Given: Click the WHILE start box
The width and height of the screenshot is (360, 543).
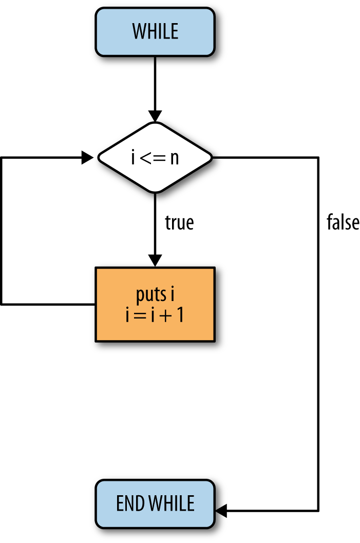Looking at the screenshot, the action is click(155, 32).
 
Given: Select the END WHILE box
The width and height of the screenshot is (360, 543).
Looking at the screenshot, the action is click(155, 504).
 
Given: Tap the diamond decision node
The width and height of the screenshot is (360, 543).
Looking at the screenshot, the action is click(155, 158).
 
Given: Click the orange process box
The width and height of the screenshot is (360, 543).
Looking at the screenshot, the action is click(155, 305).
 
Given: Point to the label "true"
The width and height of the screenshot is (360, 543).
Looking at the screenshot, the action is click(179, 222).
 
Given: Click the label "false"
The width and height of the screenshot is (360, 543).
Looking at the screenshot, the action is click(343, 222).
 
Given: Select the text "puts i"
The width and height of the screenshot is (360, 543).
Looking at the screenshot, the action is click(155, 294).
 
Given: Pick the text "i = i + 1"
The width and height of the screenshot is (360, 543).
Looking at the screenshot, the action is click(155, 315).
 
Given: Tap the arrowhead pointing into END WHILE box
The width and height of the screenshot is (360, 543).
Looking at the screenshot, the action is click(221, 511).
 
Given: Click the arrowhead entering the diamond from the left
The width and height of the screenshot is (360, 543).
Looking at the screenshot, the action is click(88, 158).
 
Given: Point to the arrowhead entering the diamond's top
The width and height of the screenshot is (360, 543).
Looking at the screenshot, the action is click(155, 116).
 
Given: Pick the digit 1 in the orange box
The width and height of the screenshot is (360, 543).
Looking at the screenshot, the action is click(180, 315).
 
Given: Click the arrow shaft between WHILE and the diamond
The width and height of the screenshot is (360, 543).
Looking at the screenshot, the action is click(155, 84).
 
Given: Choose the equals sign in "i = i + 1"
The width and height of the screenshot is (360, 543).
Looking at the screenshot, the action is click(140, 316).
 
